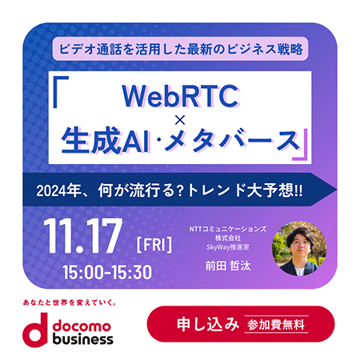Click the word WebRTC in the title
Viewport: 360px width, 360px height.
pos(180,96)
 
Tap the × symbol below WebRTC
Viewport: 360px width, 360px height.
pos(180,121)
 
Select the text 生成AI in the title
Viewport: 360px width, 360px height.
pos(106,140)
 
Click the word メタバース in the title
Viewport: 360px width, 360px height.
pos(231,141)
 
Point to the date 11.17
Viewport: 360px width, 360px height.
pos(83,235)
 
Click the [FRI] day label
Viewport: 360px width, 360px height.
pos(154,245)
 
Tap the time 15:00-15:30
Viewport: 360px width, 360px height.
pos(107,272)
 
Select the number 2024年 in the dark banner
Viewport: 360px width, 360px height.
pos(58,190)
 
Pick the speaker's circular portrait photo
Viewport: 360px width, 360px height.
pos(299,248)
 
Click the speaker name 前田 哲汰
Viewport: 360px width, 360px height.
pos(228,266)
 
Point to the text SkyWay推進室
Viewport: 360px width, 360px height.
pos(228,247)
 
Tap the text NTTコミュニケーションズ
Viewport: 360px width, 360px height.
pos(228,229)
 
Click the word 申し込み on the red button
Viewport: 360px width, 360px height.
pos(208,324)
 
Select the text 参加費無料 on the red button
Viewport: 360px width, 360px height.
pos(276,325)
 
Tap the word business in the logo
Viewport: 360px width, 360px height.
pos(82,339)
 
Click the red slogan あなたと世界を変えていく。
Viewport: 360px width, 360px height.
pos(70,302)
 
